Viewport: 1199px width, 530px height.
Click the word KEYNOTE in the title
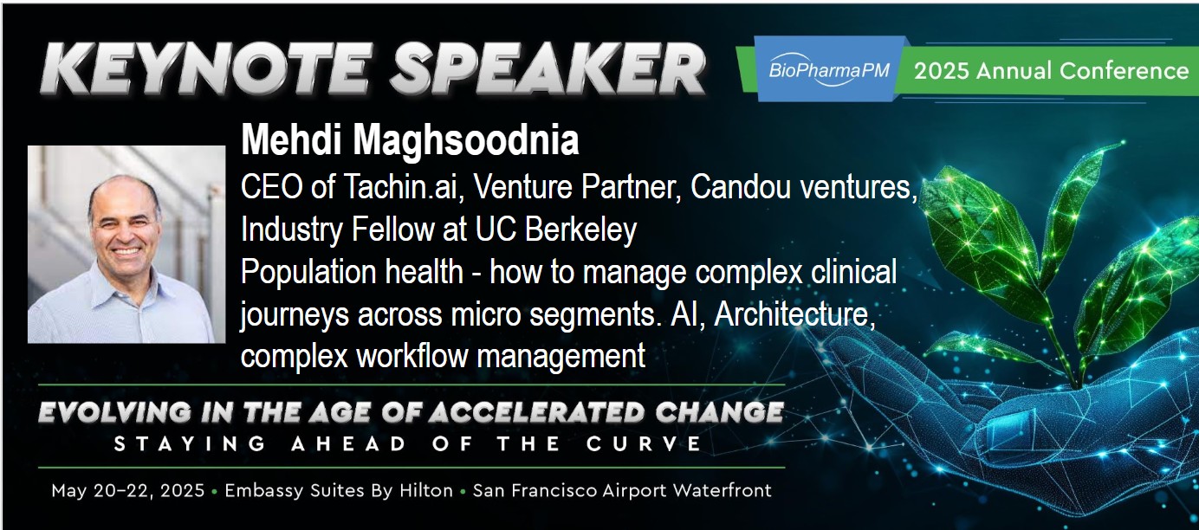point(207,69)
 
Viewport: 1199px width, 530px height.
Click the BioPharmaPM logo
point(829,70)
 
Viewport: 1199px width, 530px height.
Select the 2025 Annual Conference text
point(1051,71)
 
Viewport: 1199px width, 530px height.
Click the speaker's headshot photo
point(126,244)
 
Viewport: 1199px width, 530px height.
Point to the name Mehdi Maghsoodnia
point(410,140)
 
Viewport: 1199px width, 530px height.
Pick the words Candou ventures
point(804,187)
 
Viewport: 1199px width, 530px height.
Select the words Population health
point(353,272)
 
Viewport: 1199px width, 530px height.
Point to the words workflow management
point(501,356)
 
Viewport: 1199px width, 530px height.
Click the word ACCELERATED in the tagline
point(537,412)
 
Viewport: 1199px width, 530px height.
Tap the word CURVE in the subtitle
point(644,444)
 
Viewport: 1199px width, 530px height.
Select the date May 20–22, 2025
point(128,491)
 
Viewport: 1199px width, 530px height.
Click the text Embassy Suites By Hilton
point(338,490)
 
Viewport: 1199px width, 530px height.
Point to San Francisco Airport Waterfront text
point(622,490)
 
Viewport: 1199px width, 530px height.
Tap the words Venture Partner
point(577,187)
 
